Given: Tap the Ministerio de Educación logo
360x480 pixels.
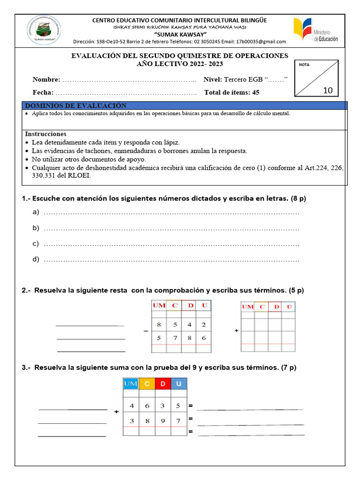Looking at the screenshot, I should click(x=315, y=31).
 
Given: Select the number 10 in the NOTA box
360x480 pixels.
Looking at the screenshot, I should click(x=328, y=90).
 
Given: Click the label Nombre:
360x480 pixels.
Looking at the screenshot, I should click(x=46, y=79).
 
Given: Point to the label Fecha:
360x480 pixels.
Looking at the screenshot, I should click(x=43, y=92).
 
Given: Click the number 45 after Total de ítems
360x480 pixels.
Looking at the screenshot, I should click(x=255, y=92).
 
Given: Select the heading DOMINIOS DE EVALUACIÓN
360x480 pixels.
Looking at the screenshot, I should click(x=75, y=106).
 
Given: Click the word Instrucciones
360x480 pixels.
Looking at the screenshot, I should click(x=45, y=134).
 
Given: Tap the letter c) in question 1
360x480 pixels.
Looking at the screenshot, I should click(x=36, y=244).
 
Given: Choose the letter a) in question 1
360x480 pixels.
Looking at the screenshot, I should click(x=36, y=213).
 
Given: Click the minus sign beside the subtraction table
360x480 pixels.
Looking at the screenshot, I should click(x=146, y=331).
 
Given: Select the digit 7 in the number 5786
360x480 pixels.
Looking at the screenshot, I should click(x=174, y=337).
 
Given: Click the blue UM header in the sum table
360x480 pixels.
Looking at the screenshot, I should click(x=131, y=384).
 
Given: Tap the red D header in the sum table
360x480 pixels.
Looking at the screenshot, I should click(x=163, y=384).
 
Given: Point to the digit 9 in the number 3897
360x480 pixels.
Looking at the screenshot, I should click(x=163, y=420).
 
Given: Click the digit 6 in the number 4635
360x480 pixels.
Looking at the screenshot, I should click(x=147, y=405).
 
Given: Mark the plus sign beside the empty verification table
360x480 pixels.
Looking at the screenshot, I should click(x=236, y=331).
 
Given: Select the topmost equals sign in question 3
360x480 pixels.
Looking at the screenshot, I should click(x=191, y=405).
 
